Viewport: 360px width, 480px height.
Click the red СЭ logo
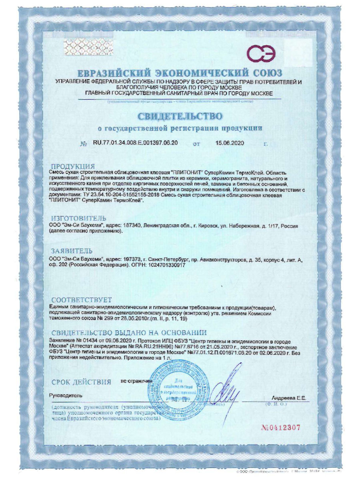tap(261, 54)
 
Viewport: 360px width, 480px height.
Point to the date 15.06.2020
tap(229, 143)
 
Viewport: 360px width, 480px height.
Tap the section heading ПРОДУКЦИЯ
tap(73, 166)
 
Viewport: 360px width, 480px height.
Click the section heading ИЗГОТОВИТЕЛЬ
tap(78, 218)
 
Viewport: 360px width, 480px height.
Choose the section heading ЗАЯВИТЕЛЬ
tap(72, 251)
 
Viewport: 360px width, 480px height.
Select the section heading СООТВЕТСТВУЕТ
tap(82, 300)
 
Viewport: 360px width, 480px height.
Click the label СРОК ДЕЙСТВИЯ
tap(81, 382)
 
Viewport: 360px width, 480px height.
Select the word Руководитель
tap(65, 395)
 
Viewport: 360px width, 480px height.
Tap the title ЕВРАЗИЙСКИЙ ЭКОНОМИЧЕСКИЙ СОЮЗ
tap(180, 74)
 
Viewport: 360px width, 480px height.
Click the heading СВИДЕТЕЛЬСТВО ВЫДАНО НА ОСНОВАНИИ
tap(129, 333)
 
